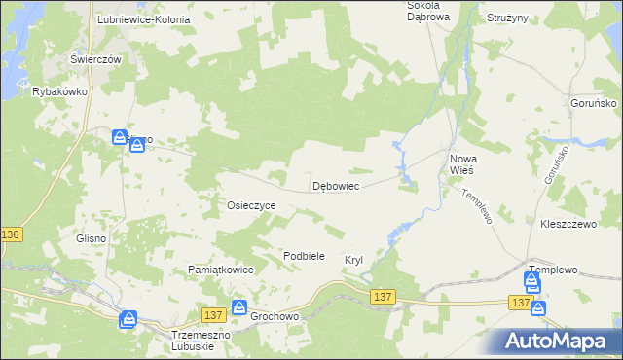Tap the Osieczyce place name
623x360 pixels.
pos(251,206)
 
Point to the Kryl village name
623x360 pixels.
pos(353,260)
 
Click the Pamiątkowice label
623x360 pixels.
pos(221,270)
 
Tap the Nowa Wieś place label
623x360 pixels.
pos(460,162)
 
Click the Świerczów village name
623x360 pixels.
pos(95,59)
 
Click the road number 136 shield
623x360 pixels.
pos(11,235)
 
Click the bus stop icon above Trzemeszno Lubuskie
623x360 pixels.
pos(128,319)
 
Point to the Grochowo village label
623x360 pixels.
pos(274,317)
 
